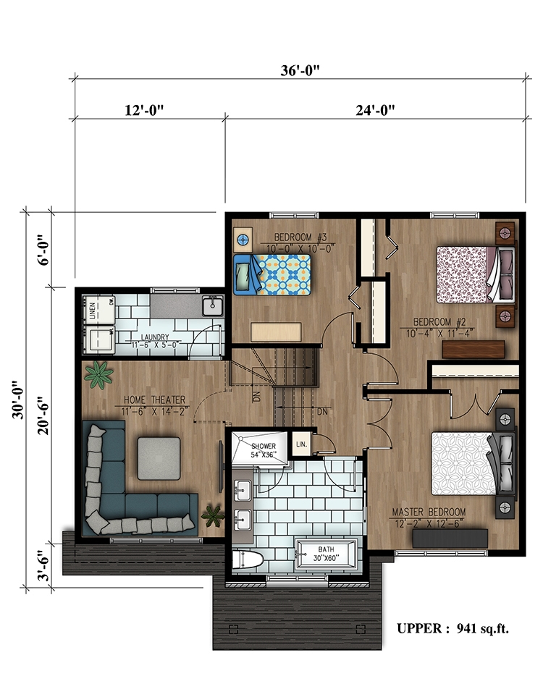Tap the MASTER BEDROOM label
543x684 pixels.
(x=429, y=512)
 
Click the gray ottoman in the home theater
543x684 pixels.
(x=159, y=457)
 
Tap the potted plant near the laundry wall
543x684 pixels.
(x=98, y=374)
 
